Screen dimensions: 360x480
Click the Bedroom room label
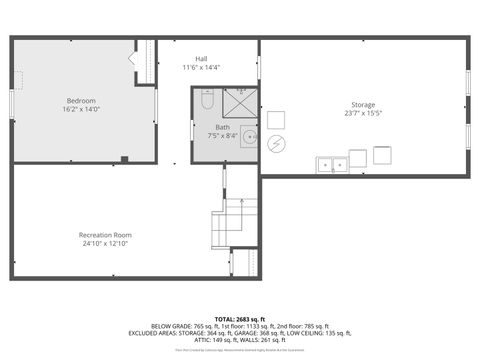tap(82, 101)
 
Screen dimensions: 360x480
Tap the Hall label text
tap(201, 59)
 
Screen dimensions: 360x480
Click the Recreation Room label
tap(105, 235)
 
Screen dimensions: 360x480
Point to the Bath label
tap(222, 127)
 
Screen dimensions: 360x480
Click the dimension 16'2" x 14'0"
tap(82, 110)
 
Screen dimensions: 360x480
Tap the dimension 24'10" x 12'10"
tap(105, 244)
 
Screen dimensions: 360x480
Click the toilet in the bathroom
tap(206, 100)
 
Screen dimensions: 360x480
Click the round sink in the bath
tap(250, 138)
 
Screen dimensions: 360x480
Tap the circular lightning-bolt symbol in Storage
tap(277, 144)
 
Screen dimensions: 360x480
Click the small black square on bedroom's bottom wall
tap(123, 159)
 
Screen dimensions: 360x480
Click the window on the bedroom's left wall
tap(12, 102)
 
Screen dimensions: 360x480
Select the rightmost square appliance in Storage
tap(382, 155)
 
